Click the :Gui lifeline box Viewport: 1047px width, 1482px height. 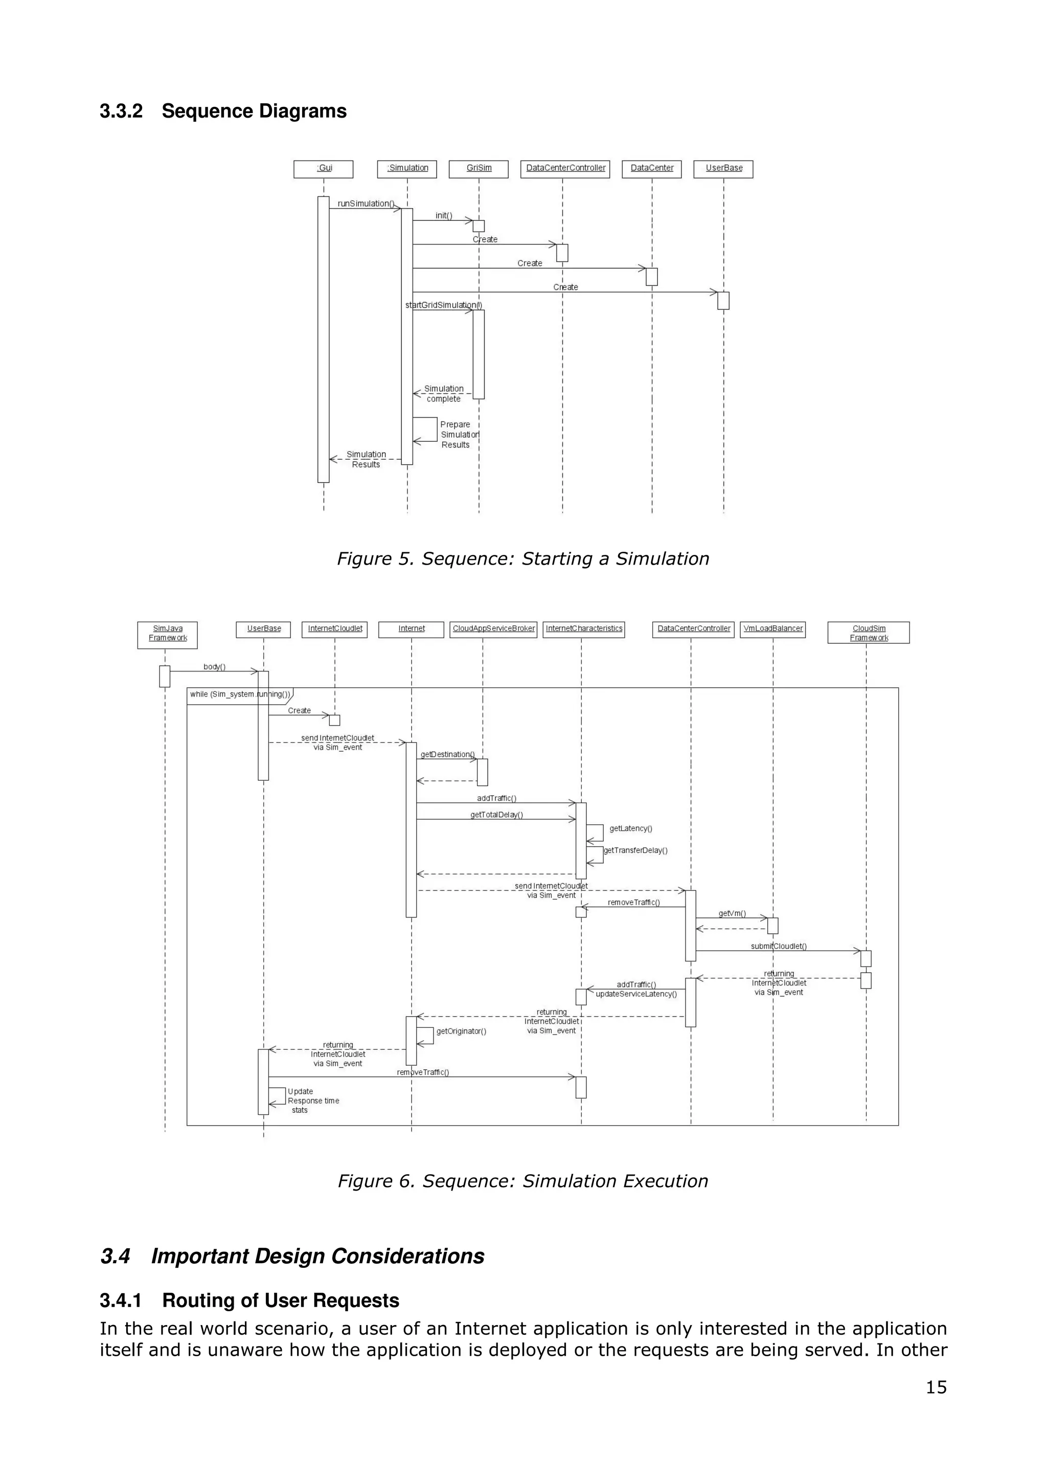tap(323, 168)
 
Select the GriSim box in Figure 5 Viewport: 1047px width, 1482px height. tap(479, 168)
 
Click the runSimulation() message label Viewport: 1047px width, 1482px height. tap(366, 204)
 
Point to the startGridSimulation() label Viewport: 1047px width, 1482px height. tap(444, 305)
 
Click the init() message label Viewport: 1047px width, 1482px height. tap(444, 216)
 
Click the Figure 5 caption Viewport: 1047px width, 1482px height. tap(522, 558)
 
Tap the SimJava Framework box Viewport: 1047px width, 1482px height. tap(168, 634)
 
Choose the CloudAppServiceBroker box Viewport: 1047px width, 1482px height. tap(493, 628)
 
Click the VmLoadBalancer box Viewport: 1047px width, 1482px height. tap(773, 628)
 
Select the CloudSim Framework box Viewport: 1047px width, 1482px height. tap(868, 633)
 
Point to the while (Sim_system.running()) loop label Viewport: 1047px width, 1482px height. tap(240, 694)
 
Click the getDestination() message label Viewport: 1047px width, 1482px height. tap(447, 754)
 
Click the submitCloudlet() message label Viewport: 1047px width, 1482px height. tap(779, 946)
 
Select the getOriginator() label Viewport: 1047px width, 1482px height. tap(461, 1031)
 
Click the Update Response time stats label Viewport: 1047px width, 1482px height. tap(313, 1101)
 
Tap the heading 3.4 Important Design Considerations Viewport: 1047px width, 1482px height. tap(292, 1256)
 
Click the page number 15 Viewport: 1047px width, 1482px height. tap(936, 1387)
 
